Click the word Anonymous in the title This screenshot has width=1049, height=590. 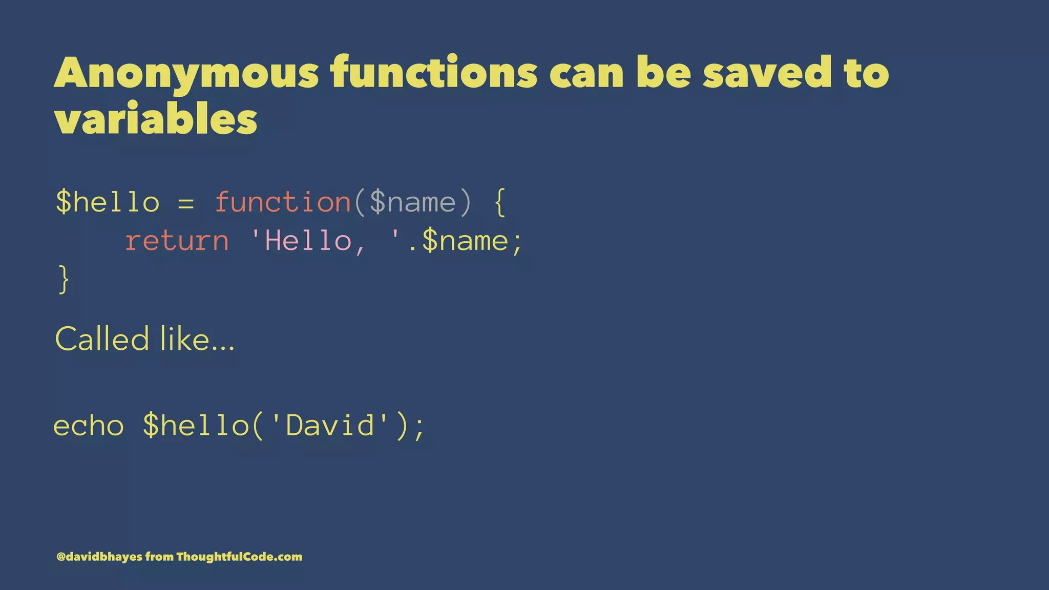(x=187, y=74)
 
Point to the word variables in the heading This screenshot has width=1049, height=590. (x=156, y=119)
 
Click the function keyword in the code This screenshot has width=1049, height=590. (x=283, y=202)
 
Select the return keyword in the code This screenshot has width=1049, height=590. (x=177, y=241)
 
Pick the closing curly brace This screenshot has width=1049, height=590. (x=64, y=279)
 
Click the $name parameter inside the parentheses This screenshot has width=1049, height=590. (x=412, y=202)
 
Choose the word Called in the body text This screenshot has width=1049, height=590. (x=102, y=339)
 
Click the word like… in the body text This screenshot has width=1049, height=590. (x=197, y=339)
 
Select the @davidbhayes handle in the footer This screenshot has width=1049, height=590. (x=99, y=557)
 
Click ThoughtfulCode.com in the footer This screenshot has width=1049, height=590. (x=239, y=557)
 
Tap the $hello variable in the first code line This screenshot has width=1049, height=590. (x=108, y=202)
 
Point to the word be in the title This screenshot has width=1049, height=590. (x=663, y=73)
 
